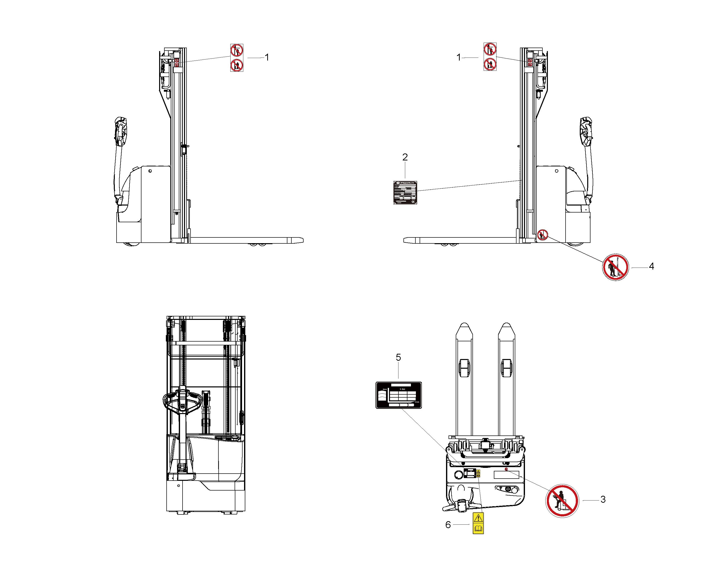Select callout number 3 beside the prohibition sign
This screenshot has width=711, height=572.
603,500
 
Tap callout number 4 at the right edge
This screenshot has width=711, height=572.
651,267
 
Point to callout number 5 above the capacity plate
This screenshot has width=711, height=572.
398,357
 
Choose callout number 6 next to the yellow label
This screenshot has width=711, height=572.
448,525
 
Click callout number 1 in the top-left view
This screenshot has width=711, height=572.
267,57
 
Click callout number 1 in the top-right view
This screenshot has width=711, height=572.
458,57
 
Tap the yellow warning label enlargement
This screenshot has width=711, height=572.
478,523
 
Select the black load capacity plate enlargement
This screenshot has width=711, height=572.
399,395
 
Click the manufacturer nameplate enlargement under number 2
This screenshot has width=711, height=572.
405,193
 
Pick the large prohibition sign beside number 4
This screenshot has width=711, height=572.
615,267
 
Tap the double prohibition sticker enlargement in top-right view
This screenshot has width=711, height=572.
490,57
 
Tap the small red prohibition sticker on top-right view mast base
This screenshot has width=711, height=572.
542,235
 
